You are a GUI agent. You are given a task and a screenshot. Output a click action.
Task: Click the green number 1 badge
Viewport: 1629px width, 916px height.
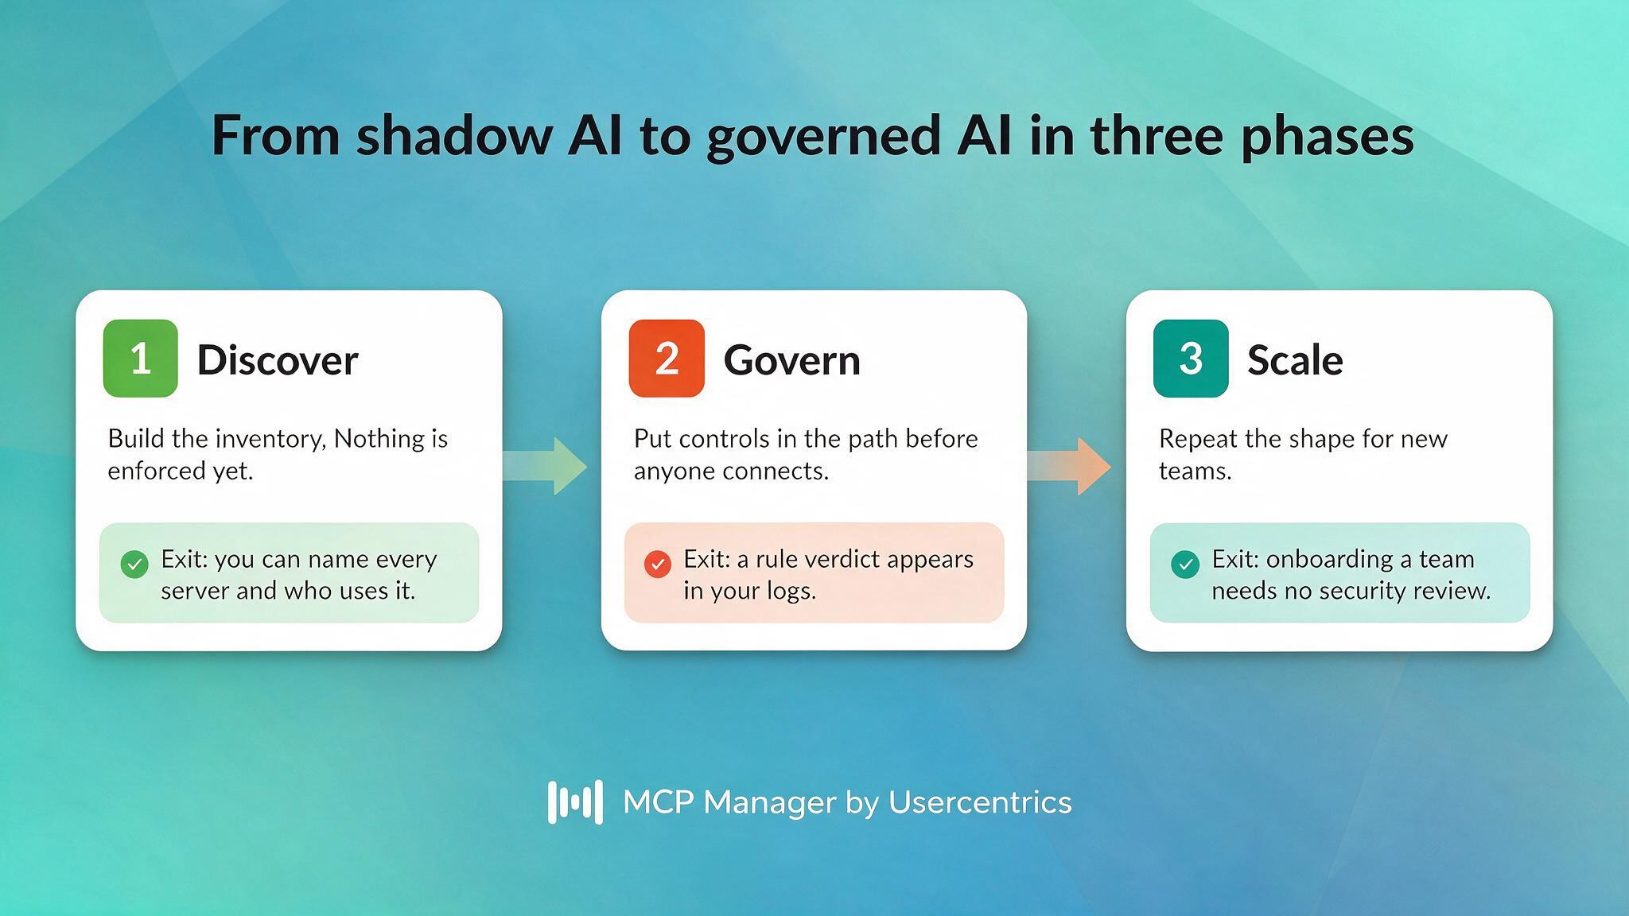(141, 358)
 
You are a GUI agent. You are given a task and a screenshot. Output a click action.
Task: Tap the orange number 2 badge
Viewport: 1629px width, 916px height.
(667, 358)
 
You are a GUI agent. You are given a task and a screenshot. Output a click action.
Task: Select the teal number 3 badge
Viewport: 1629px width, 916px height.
(1191, 358)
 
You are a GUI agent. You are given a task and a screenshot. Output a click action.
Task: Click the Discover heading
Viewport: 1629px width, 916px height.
(278, 360)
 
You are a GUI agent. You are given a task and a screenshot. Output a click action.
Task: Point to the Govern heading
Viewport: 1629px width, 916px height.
(792, 360)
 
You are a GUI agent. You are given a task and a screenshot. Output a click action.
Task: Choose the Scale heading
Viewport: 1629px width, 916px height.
(1295, 360)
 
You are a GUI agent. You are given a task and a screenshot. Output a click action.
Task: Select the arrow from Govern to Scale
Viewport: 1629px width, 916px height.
(1069, 466)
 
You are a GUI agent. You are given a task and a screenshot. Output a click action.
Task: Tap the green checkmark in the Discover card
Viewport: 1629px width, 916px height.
(134, 565)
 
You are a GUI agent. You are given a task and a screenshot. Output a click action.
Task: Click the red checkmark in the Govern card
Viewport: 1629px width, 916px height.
(658, 564)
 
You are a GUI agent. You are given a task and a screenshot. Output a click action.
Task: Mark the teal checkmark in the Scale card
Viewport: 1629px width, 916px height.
(1185, 565)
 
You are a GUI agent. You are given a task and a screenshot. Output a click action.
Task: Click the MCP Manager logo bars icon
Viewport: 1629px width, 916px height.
(575, 801)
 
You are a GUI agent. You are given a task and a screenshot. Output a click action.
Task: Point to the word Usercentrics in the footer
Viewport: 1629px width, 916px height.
(980, 801)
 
